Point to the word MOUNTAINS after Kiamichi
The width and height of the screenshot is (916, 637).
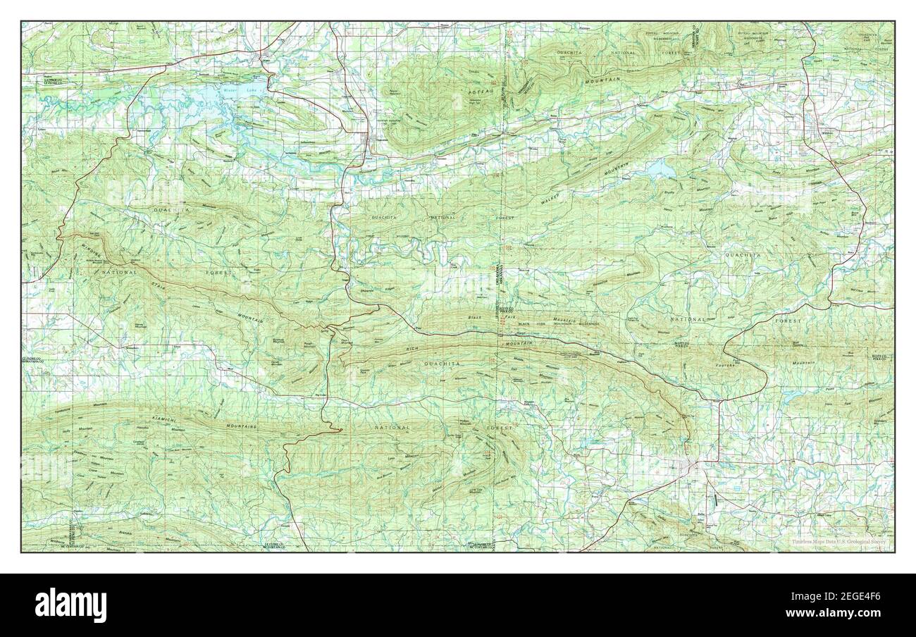pos(241,427)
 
